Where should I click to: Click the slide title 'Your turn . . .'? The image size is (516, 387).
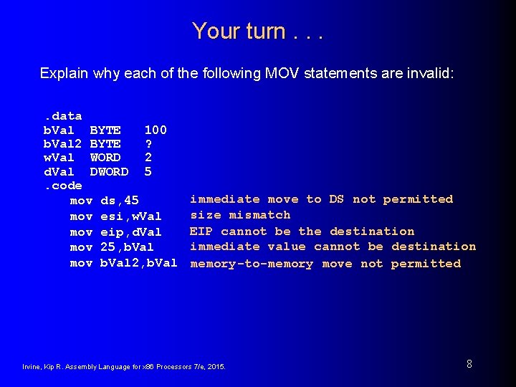point(258,31)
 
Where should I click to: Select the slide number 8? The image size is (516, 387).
point(469,364)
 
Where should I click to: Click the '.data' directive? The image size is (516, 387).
point(62,115)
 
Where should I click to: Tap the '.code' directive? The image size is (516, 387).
point(62,186)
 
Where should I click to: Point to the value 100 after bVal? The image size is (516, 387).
point(156,130)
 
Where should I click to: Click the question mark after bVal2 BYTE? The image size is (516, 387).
point(148,144)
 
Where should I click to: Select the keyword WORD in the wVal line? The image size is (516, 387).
point(105,158)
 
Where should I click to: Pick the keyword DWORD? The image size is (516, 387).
point(109,172)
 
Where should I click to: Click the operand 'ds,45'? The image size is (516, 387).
point(120,201)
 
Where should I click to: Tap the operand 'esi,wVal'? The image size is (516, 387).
point(131,216)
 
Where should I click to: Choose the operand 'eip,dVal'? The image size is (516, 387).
point(131,232)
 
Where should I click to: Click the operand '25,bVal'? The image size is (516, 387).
point(127,247)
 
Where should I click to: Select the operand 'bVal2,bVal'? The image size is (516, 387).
point(138,263)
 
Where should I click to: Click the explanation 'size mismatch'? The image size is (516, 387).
point(240,215)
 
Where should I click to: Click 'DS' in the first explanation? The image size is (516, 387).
point(337,199)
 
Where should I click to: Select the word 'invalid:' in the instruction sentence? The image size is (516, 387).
point(431,73)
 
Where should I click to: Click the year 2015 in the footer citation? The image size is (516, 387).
point(216,367)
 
